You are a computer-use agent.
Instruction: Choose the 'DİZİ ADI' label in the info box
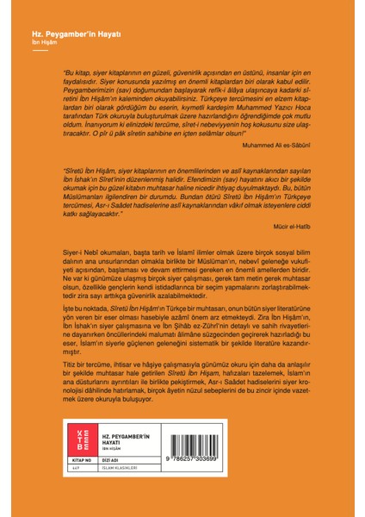pyautogui.click(x=109, y=485)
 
